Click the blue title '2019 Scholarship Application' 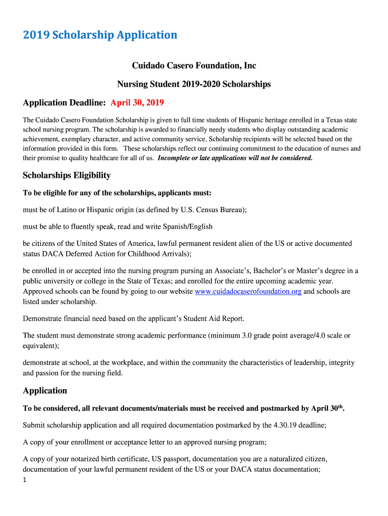pos(100,35)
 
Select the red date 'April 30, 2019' pos(137,103)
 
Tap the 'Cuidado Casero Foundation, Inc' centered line pos(194,66)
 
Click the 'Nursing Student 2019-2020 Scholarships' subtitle pos(194,84)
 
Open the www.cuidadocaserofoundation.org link pos(248,292)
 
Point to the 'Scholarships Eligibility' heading pos(67,175)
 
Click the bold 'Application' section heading pos(45,391)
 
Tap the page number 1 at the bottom pos(25,480)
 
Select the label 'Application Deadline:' pos(64,103)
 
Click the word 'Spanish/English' pos(187,226)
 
